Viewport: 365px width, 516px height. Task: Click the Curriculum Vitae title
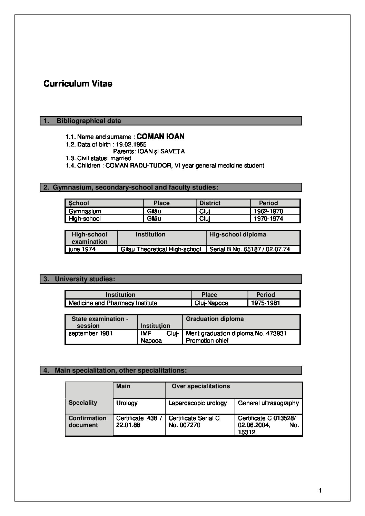point(78,84)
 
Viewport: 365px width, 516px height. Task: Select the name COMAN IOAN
point(160,136)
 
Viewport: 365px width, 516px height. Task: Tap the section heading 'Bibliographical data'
point(89,121)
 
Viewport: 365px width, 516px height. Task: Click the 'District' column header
point(210,203)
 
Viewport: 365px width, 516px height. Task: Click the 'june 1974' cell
point(82,249)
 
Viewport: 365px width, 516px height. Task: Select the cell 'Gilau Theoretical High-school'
point(161,249)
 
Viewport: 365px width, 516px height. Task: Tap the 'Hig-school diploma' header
point(238,234)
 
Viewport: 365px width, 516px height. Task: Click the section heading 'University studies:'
point(85,279)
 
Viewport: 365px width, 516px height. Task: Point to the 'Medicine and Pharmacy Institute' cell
point(113,303)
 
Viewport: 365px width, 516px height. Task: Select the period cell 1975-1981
point(266,303)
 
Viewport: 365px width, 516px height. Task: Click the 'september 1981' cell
point(90,333)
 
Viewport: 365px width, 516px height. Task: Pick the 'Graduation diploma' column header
point(215,319)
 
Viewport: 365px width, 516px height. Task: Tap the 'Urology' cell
point(127,403)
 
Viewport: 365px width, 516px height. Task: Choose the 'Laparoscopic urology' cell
point(198,403)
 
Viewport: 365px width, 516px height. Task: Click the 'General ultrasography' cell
point(268,403)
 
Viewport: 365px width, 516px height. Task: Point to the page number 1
point(320,490)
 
